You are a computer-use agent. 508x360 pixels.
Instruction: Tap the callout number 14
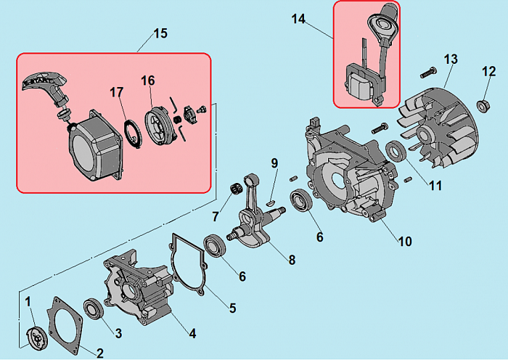pos(299,19)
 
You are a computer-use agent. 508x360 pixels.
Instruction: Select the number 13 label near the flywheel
pos(451,59)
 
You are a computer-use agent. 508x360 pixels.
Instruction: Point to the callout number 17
pos(116,92)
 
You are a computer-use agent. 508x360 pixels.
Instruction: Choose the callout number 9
pos(274,163)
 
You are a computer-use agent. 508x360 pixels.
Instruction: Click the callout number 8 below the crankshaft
pos(291,258)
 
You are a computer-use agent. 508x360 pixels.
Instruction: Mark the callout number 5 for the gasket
pos(232,308)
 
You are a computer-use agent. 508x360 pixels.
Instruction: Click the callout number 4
pos(192,334)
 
